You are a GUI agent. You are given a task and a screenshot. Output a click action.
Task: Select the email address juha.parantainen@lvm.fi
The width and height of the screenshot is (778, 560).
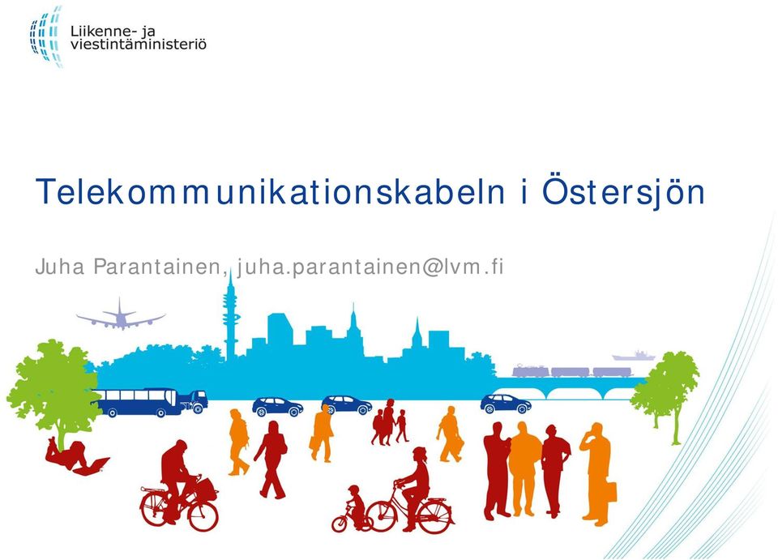pyautogui.click(x=370, y=267)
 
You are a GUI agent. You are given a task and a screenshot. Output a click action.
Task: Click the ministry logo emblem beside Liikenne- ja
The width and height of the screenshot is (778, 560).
pyautogui.click(x=45, y=36)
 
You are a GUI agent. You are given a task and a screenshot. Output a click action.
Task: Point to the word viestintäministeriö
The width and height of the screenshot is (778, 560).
pyautogui.click(x=139, y=45)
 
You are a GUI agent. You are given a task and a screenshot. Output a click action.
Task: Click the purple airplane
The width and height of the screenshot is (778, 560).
pyautogui.click(x=121, y=316)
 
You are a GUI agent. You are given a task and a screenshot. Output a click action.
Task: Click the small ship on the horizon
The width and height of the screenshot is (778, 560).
pyautogui.click(x=634, y=355)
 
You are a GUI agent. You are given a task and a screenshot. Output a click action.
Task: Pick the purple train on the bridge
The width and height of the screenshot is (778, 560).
pyautogui.click(x=572, y=371)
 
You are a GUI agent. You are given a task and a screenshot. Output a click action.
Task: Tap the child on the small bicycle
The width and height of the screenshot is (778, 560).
pyautogui.click(x=353, y=508)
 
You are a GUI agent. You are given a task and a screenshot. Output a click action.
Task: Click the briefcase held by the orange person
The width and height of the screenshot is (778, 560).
pyautogui.click(x=610, y=491)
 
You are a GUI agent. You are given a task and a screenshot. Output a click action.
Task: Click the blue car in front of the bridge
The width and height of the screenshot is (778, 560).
pyautogui.click(x=506, y=404)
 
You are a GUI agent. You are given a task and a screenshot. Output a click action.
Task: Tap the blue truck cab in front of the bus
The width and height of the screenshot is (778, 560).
pyautogui.click(x=194, y=401)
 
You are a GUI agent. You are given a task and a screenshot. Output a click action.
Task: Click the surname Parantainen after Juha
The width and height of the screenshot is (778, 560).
pyautogui.click(x=157, y=267)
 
